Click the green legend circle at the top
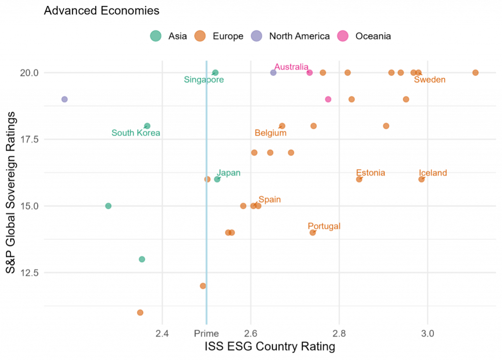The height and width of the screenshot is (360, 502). coord(155,36)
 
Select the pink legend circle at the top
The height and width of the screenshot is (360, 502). coord(343,36)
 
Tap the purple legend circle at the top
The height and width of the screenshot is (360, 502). coord(256,36)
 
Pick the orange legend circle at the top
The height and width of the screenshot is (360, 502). coord(200,36)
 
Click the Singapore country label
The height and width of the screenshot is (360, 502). coord(204,80)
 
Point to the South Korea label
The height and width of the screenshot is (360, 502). coord(136,133)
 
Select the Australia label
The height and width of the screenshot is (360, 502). coord(291,67)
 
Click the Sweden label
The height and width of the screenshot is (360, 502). coord(429,80)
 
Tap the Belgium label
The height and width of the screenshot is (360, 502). coord(271,133)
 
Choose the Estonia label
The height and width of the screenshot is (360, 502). coord(370,172)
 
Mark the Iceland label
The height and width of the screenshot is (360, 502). coord(433,172)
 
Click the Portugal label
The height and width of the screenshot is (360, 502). coord(324,226)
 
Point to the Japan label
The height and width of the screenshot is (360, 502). coord(229,172)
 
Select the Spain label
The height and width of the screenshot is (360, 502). coord(270,199)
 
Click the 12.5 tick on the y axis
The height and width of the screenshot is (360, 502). coord(29,273)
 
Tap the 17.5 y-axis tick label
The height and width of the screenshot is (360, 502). coord(29,140)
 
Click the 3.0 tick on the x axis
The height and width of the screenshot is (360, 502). coord(427,334)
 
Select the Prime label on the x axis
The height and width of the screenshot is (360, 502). coord(206,334)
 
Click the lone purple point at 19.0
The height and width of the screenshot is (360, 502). coord(64,99)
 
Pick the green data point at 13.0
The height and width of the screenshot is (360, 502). coord(142,259)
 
